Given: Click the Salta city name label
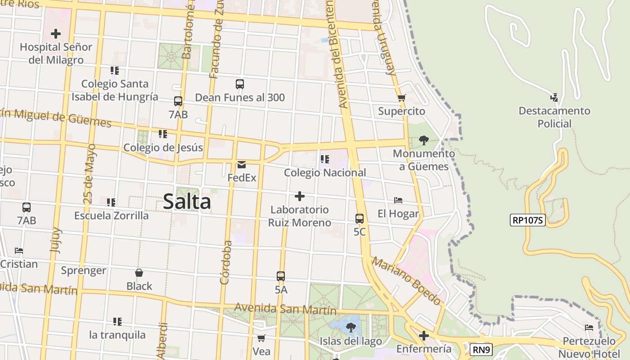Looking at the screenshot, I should coord(187,201).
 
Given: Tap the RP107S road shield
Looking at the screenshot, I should coord(527,220).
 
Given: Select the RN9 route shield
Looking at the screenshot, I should coord(481,350).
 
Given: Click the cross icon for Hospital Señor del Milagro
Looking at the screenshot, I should coord(56,34).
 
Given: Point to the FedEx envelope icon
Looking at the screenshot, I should coord(242,165).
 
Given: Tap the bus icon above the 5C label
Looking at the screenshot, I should coord(360,219).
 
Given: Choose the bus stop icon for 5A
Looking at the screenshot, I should coord(281,276).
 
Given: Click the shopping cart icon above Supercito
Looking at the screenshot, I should coord(402,98).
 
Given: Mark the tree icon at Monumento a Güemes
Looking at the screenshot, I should coord(423,140).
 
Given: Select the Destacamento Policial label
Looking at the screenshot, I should coord(554,117).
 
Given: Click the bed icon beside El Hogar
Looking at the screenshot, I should coord(398,200).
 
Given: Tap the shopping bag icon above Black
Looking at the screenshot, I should coord(139,273).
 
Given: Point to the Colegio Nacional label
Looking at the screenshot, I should coord(325,172).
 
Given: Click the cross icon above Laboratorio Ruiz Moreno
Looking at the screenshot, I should coord(299,196).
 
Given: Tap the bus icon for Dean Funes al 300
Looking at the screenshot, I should coord(240,84).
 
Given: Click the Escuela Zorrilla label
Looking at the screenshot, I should coord(111,216).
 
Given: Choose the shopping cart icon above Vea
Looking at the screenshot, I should coord(261,338).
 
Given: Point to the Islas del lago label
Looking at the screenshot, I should coord(351,341).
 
